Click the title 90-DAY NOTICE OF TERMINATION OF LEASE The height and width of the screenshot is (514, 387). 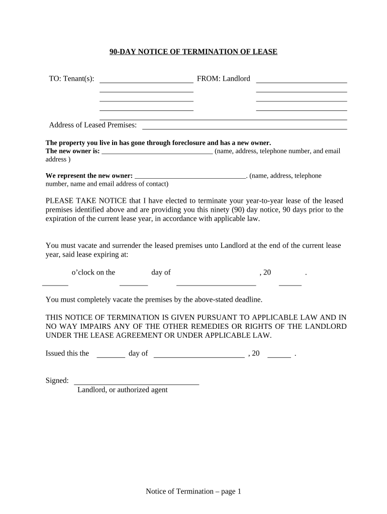193,52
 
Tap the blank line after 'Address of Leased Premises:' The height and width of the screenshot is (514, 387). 245,128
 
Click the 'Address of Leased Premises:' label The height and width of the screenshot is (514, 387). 92,125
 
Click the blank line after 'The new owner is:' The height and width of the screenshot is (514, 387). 157,154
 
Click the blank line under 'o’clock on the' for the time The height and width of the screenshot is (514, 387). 55,285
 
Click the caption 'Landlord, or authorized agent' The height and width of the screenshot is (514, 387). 122,390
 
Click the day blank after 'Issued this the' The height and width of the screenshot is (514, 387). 111,356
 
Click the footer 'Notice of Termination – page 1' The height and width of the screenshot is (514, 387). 193,491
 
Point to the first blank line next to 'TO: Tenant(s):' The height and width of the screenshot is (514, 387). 147,82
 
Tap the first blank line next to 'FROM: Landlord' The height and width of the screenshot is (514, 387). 302,82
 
